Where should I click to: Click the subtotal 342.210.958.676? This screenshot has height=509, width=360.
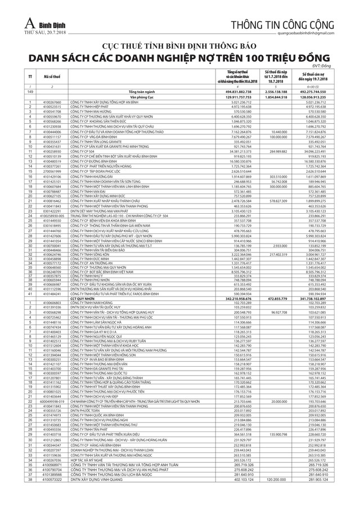[x=241, y=298]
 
